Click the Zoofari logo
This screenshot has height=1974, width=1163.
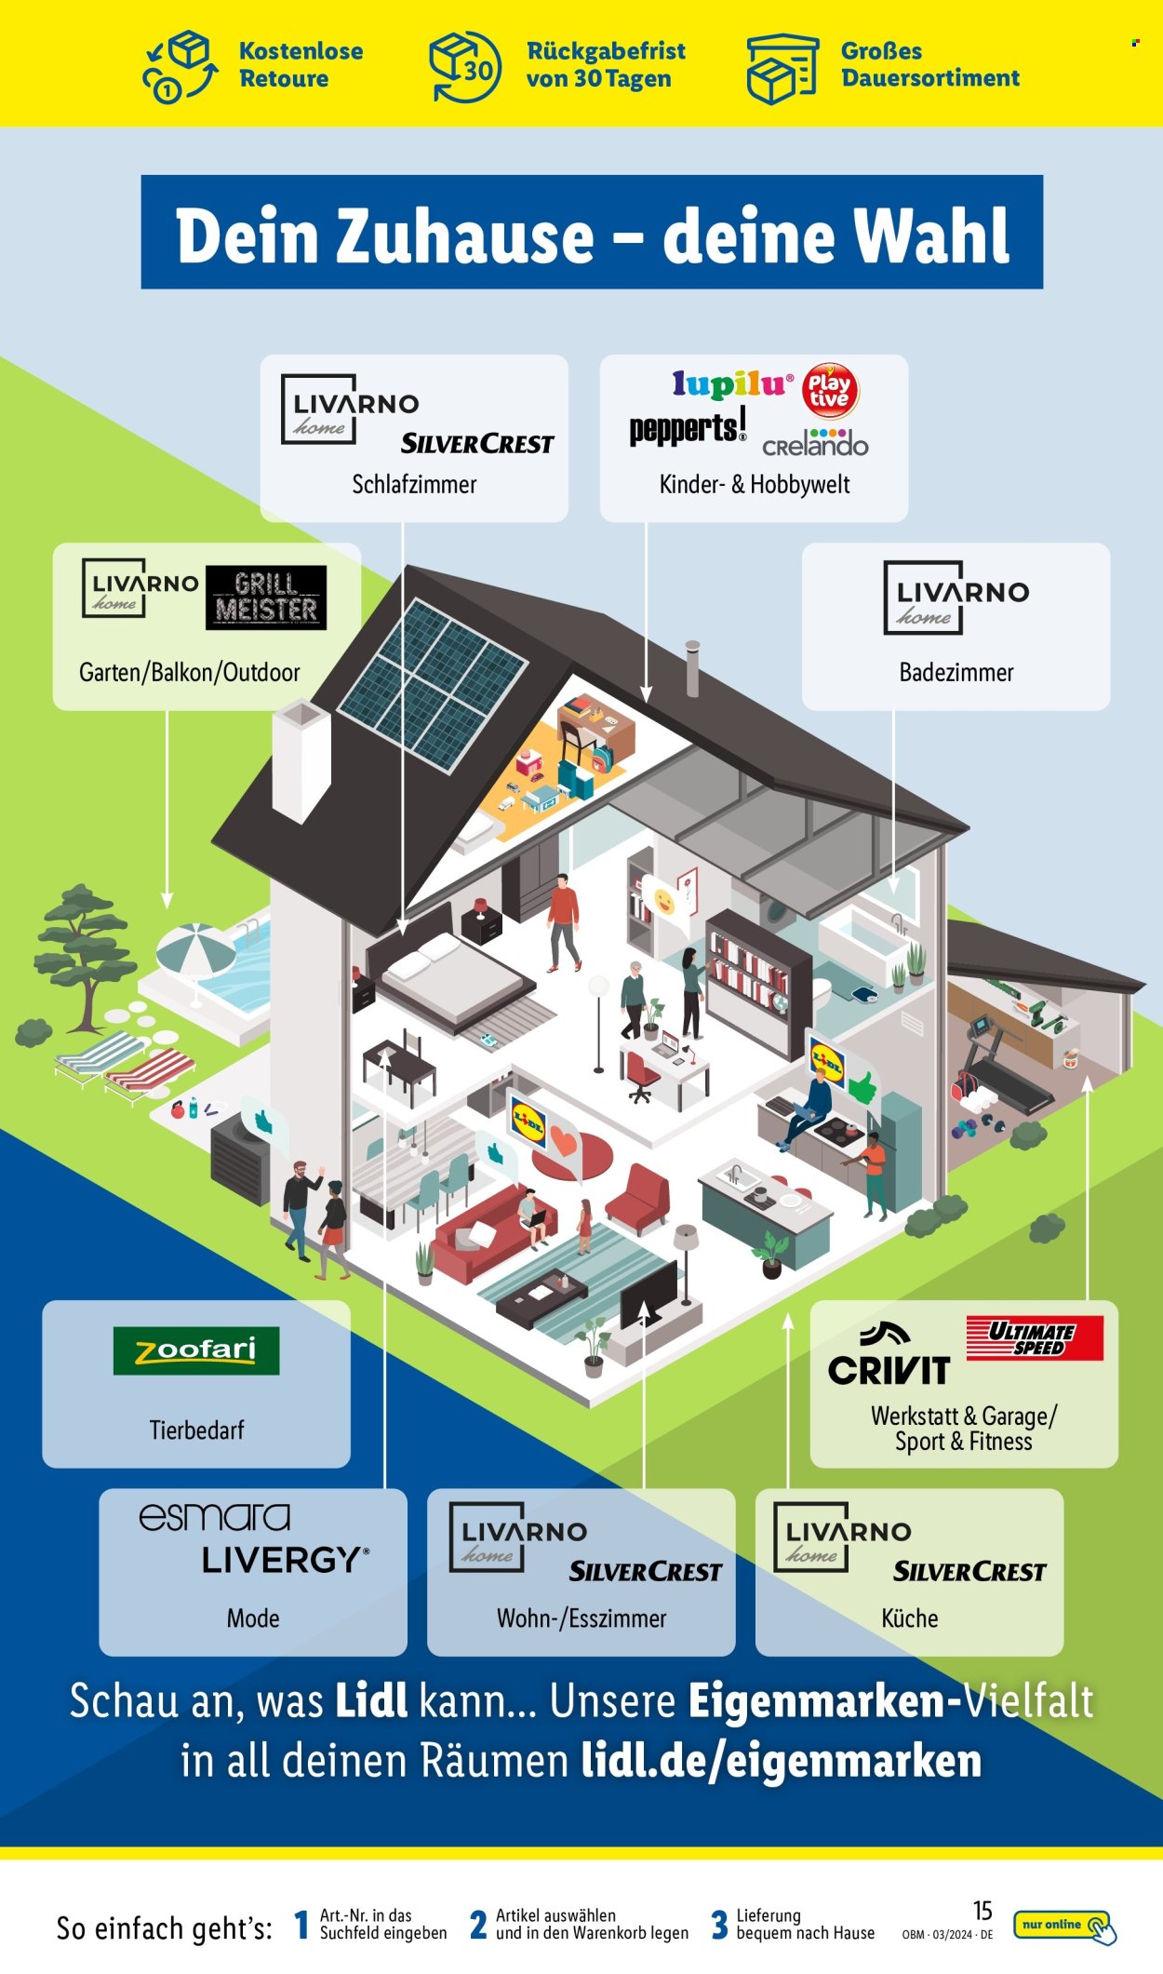196,1350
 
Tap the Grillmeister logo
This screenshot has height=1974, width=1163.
266,598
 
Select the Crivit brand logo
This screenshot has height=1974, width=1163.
889,1354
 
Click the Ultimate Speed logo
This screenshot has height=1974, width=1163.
1035,1338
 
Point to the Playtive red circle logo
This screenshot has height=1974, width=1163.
829,390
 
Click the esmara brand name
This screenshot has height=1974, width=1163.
215,1517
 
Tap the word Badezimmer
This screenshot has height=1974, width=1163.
956,672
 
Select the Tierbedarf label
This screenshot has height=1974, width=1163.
196,1430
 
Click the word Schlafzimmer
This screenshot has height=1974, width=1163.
414,484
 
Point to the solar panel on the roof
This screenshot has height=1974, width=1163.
433,685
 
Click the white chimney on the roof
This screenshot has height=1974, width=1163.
301,761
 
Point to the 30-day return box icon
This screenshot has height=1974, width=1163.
463,66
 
